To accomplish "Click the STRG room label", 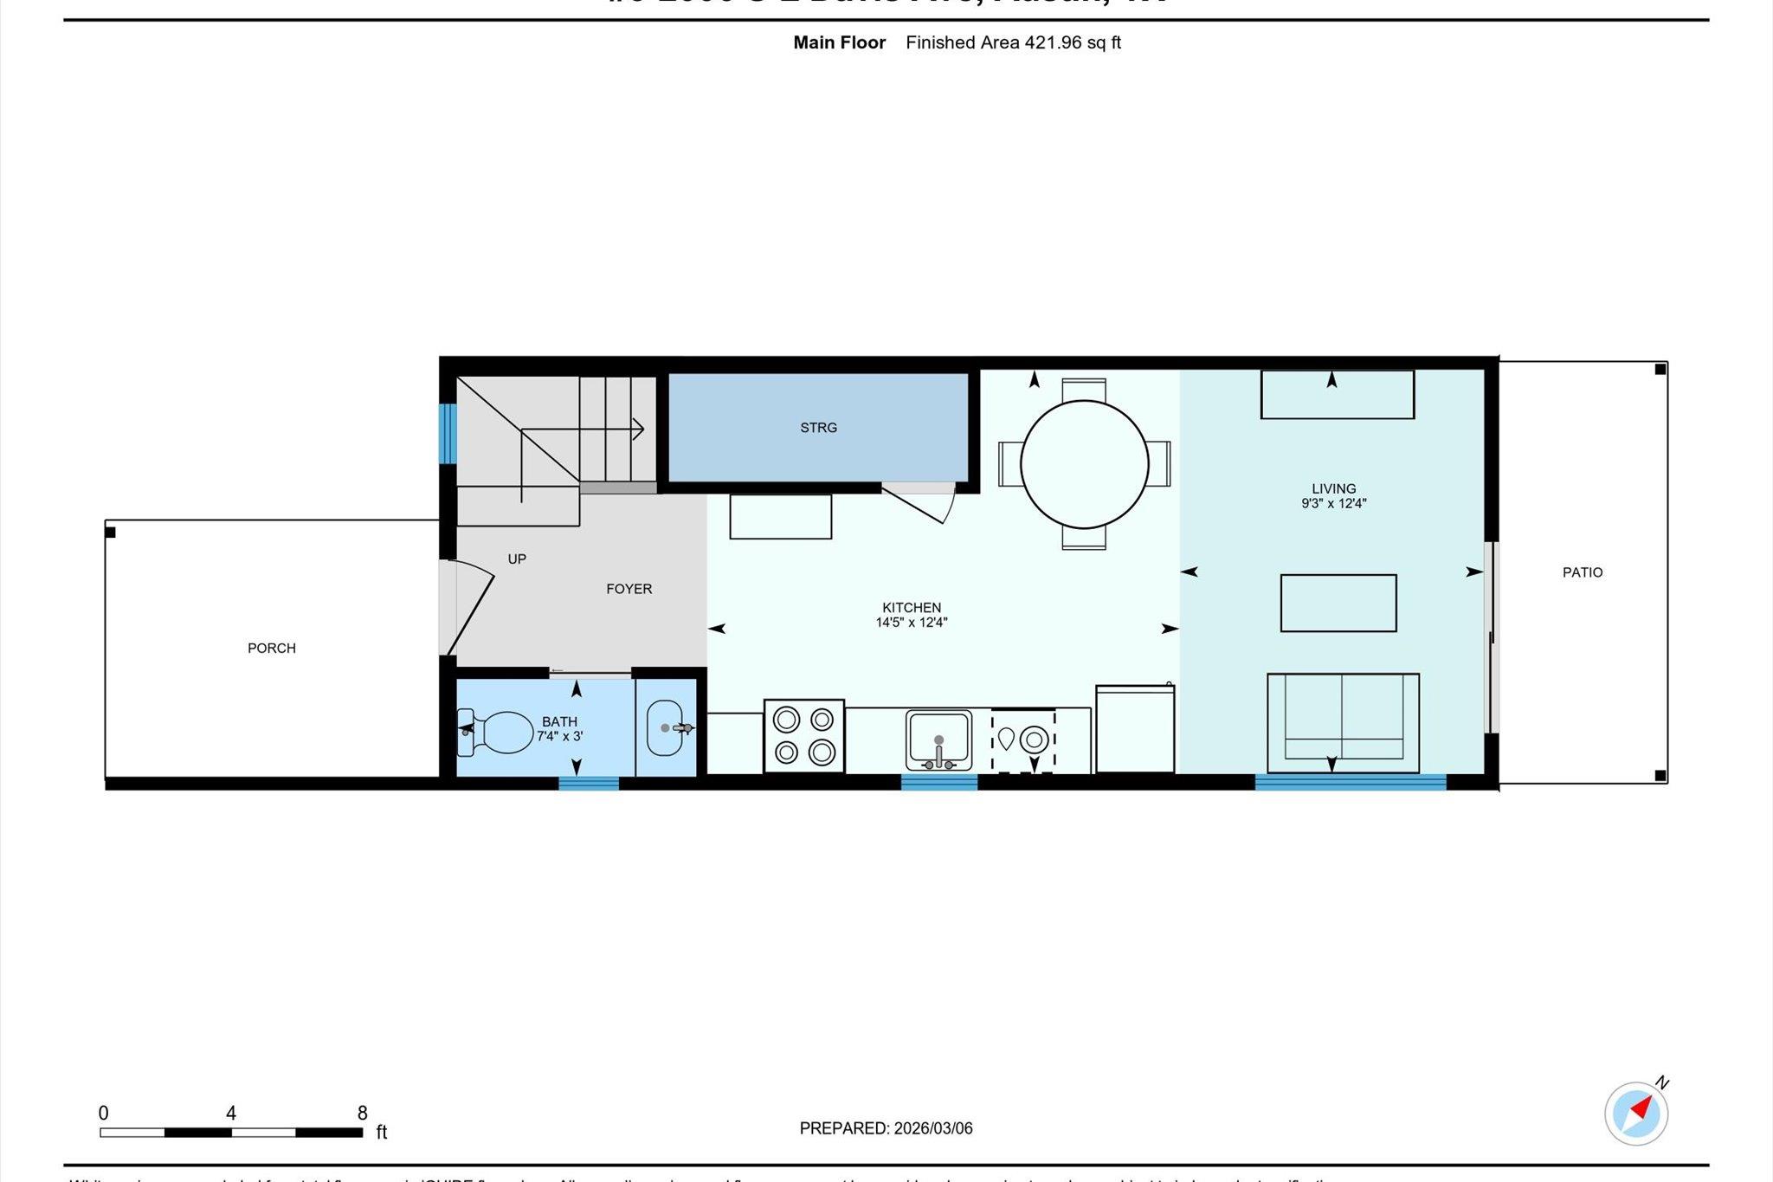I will click(x=818, y=428).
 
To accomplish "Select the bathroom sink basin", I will click(x=665, y=727).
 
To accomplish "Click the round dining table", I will click(x=1084, y=464).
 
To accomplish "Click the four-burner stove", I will click(x=803, y=735).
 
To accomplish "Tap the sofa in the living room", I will click(x=1343, y=721).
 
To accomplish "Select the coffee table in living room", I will click(x=1338, y=603).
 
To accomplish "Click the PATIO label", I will click(x=1582, y=572).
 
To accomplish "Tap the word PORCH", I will click(x=272, y=648).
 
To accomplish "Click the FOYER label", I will click(x=629, y=589).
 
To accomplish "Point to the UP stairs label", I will click(x=517, y=559).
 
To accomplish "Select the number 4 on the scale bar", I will click(x=231, y=1113).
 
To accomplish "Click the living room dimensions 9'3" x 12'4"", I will click(x=1333, y=503).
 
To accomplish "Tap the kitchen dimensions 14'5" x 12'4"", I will click(x=911, y=622).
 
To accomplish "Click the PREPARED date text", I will click(x=886, y=1128).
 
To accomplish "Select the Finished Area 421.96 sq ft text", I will click(x=1013, y=42).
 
